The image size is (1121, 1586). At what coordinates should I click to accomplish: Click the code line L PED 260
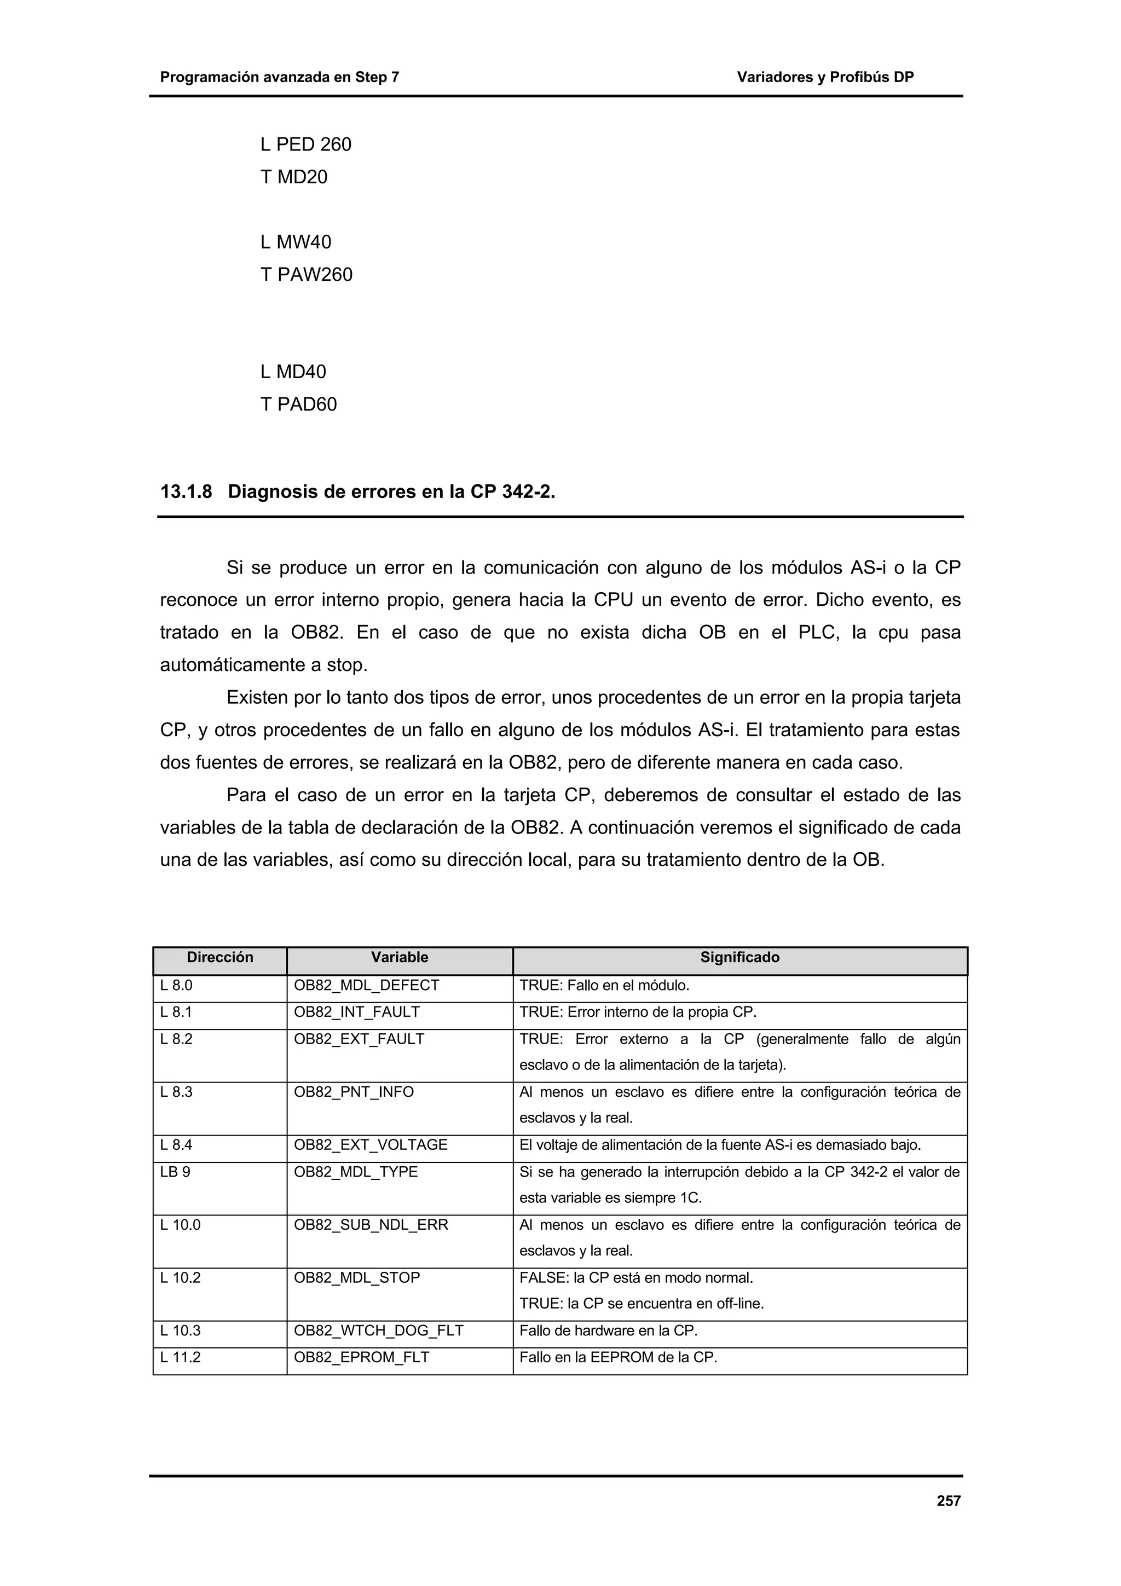(x=305, y=144)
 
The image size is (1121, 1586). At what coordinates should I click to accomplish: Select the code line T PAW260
(x=306, y=274)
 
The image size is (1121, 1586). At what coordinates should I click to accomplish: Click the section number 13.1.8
(x=186, y=492)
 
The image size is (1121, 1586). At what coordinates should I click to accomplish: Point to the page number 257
(x=949, y=1500)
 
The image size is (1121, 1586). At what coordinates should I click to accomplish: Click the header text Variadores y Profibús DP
(x=825, y=77)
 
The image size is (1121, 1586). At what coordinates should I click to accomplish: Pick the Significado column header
(x=739, y=957)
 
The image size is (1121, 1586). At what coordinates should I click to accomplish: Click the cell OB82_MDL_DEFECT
(x=366, y=985)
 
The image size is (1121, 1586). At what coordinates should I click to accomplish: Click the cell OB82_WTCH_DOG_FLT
(x=378, y=1330)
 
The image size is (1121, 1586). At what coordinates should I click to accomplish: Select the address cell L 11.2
(x=180, y=1357)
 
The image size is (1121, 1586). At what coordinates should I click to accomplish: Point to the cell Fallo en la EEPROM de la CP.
(x=618, y=1357)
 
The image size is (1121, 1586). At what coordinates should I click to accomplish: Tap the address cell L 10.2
(x=180, y=1278)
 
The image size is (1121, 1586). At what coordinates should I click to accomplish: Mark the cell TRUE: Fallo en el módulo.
(x=604, y=985)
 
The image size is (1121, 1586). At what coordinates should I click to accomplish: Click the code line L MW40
(x=296, y=242)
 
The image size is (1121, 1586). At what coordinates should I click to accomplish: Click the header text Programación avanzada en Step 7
(x=279, y=77)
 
